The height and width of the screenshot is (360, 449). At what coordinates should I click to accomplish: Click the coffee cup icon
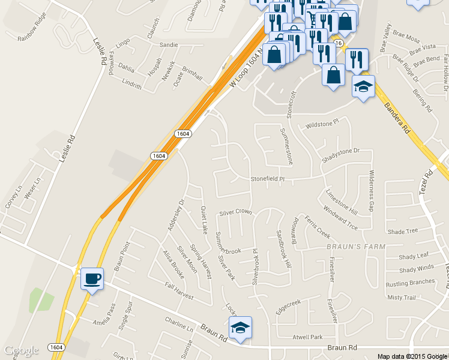point(92,278)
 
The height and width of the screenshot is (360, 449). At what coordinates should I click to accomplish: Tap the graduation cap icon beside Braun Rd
point(240,328)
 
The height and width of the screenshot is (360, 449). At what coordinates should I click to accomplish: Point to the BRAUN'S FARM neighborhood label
point(356,247)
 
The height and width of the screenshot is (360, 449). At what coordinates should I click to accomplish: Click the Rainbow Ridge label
point(32,27)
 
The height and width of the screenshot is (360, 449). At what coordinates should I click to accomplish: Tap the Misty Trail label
point(402,298)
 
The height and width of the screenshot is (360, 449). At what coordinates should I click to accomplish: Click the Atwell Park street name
point(308,337)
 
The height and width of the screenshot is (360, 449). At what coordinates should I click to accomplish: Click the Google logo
point(22,350)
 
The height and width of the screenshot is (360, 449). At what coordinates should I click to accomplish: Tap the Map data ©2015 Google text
point(412,356)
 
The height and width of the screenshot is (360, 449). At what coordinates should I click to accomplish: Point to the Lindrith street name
point(131,85)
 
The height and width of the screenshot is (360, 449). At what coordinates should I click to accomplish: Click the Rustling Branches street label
point(410,283)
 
